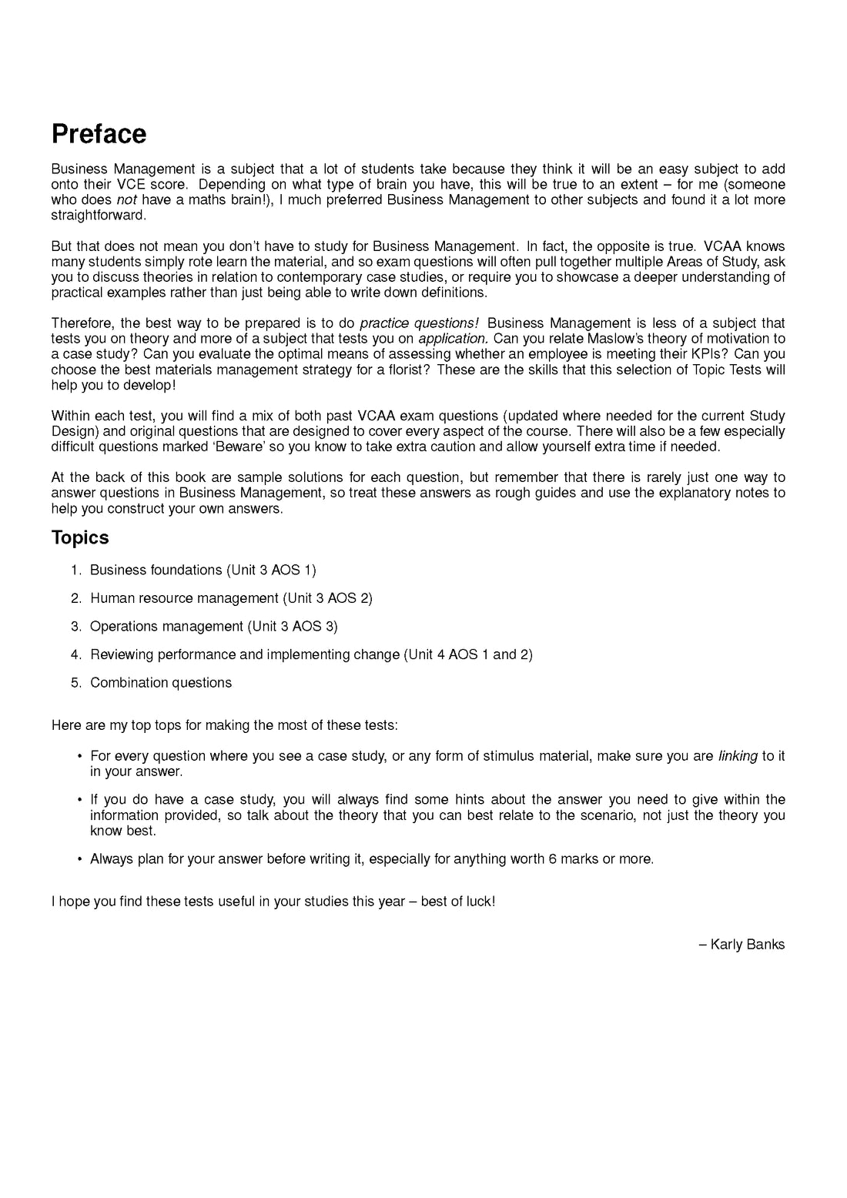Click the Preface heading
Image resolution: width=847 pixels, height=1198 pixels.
[x=99, y=134]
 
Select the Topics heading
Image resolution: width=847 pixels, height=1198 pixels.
[x=80, y=537]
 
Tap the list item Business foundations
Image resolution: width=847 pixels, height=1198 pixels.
[x=203, y=570]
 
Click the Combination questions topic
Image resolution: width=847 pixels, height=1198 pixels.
[x=160, y=683]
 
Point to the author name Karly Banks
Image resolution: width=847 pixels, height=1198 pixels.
[x=747, y=945]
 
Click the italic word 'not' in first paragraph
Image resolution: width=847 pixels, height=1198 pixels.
[x=126, y=200]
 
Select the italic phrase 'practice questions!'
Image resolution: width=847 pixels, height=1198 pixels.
[x=419, y=323]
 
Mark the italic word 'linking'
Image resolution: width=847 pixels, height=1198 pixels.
[x=738, y=756]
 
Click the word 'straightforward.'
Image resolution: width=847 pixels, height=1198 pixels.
[x=99, y=216]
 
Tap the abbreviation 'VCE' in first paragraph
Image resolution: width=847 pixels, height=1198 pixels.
[x=130, y=185]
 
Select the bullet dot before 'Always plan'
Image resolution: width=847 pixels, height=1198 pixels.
[x=79, y=859]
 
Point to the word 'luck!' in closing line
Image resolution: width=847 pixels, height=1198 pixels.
[x=478, y=902]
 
